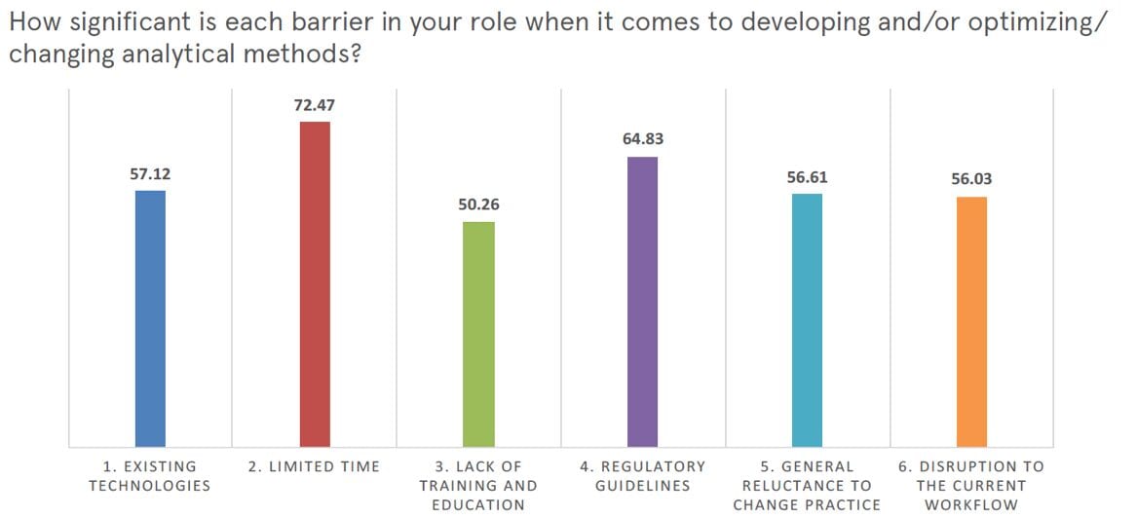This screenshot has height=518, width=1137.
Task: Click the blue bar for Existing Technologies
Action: click(x=150, y=318)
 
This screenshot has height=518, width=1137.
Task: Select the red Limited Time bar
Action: click(x=315, y=284)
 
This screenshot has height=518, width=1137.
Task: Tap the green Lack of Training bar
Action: click(x=478, y=334)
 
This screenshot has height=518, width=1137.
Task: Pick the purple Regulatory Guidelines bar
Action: click(x=643, y=302)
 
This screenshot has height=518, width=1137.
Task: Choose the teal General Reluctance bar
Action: click(x=807, y=320)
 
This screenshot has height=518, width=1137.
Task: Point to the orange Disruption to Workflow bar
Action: click(x=971, y=321)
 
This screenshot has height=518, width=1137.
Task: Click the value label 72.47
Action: click(x=315, y=104)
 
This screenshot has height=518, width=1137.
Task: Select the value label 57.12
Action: click(x=150, y=174)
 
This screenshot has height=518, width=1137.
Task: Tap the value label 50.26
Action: click(x=478, y=205)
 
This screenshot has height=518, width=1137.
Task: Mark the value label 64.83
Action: click(x=643, y=139)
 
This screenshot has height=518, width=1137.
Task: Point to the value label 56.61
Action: click(x=807, y=177)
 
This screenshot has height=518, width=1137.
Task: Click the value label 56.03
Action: click(x=971, y=179)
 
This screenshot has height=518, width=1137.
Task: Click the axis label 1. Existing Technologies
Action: click(x=150, y=475)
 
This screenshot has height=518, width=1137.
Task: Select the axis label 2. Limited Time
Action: click(x=315, y=466)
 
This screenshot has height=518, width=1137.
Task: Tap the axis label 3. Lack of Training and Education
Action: click(x=478, y=485)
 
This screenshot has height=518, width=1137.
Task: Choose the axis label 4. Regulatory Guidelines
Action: click(x=643, y=475)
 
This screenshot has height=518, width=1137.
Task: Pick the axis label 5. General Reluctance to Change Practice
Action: click(x=807, y=485)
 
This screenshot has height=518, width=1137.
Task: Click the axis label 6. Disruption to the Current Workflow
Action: click(x=971, y=485)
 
